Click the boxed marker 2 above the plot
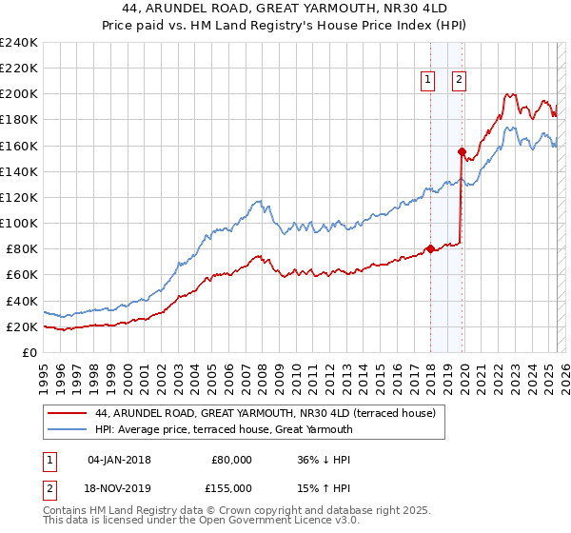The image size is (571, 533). tap(459, 81)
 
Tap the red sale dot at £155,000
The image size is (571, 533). tap(462, 151)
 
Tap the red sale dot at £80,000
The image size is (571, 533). tap(430, 249)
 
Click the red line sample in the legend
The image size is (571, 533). tap(67, 413)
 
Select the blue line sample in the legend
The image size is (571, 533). tap(67, 429)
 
